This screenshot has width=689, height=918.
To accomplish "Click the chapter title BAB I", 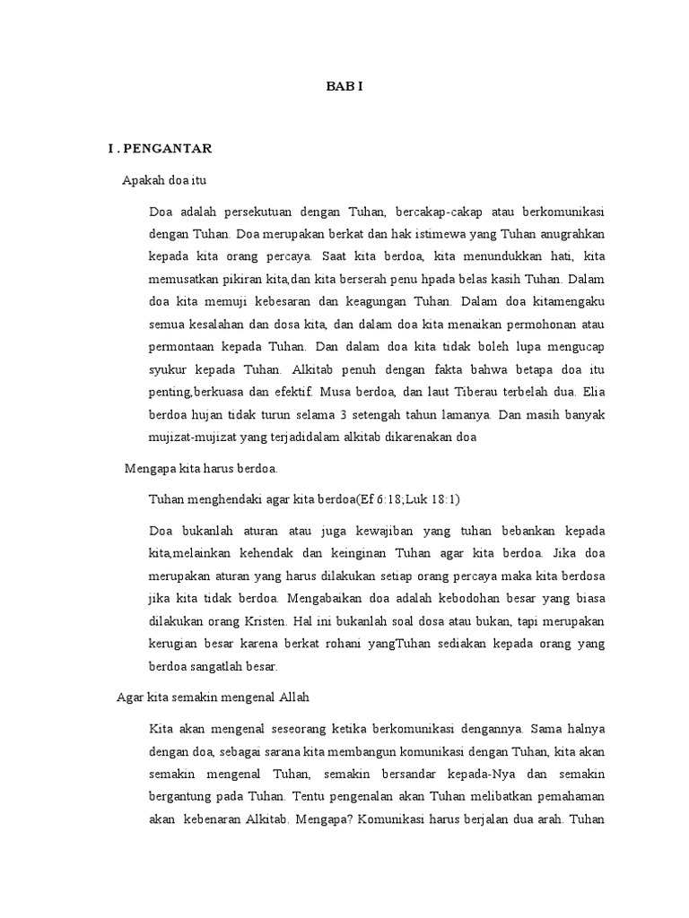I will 344,88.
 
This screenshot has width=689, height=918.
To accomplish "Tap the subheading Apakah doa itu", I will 164,180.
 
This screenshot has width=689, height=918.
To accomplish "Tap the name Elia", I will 593,391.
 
